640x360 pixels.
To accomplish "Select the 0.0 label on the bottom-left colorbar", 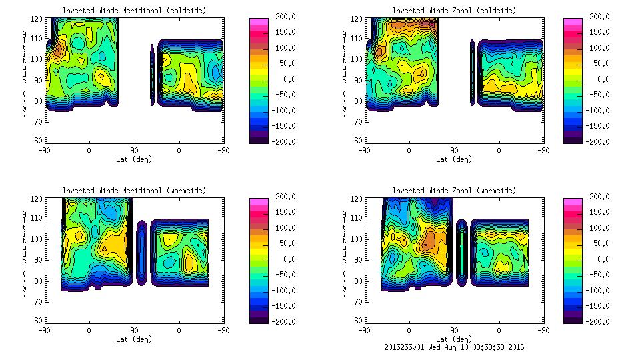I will pos(282,259).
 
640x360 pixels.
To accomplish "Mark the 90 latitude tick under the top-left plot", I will pos(134,150).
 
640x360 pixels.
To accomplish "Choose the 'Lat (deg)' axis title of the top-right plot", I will pos(451,159).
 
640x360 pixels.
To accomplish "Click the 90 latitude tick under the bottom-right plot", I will pos(454,329).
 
